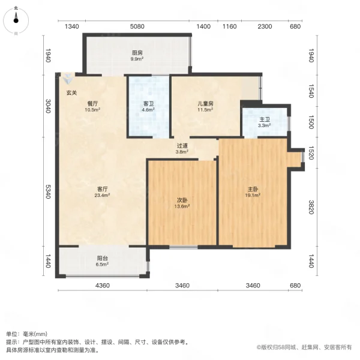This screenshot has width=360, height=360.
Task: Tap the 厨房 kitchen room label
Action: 137,53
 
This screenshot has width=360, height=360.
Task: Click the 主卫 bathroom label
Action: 265,119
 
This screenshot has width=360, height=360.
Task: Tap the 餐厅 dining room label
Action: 92,103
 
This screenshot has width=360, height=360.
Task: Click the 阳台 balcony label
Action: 103,259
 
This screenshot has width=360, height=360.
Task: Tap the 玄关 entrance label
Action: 71,92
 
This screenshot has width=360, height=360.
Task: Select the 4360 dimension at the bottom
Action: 103,285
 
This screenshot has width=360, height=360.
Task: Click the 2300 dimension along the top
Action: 265,26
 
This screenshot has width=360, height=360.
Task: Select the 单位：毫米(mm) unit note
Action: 27,334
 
